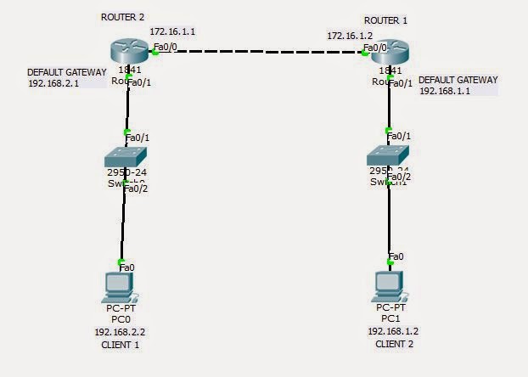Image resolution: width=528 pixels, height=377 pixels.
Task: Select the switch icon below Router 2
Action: click(x=126, y=158)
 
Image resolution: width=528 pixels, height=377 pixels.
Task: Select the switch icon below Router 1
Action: click(x=388, y=156)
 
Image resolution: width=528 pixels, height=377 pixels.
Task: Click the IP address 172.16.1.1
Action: click(x=173, y=31)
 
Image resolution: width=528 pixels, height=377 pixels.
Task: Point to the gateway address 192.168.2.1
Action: click(x=53, y=84)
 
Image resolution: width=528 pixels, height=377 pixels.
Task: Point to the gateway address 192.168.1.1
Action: click(x=445, y=91)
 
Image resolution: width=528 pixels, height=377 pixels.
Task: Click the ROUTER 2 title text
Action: click(x=122, y=17)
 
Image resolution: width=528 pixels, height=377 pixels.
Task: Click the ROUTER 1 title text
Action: click(x=385, y=20)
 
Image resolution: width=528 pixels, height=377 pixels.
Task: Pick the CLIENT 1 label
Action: click(x=120, y=346)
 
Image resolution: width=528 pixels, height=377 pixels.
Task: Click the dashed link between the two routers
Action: click(x=259, y=52)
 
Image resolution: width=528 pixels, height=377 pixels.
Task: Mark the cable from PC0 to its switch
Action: click(x=123, y=225)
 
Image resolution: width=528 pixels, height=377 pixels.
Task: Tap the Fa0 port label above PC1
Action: click(x=396, y=256)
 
